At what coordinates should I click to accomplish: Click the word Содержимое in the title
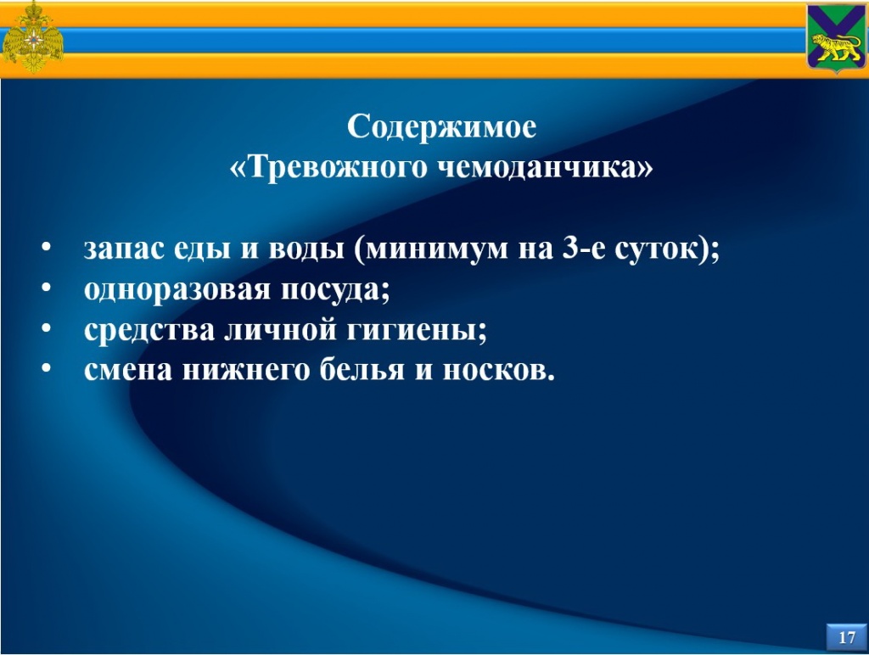(x=441, y=128)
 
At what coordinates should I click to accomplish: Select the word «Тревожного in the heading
(x=328, y=167)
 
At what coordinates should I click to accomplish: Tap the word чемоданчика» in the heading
(x=546, y=167)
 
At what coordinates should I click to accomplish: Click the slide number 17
(x=847, y=637)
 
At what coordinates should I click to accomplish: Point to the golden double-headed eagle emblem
(x=33, y=38)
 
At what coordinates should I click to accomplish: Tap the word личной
(x=281, y=330)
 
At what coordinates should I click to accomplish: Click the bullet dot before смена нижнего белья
(x=47, y=368)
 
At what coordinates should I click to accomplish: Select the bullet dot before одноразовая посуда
(x=47, y=287)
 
